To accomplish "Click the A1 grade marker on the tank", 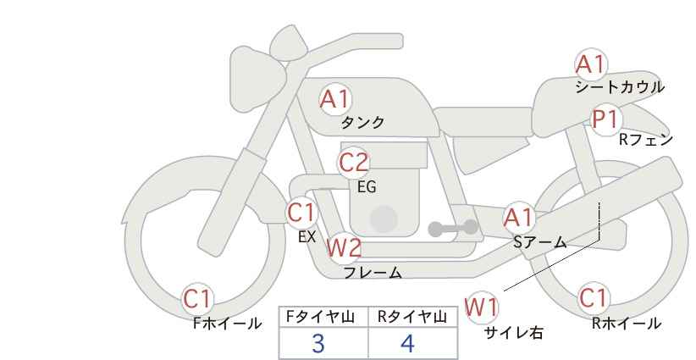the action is pos(335,99).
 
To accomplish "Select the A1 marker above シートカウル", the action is pos(590,64).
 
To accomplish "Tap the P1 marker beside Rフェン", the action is pos(606,119).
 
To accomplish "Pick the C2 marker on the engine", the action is pos(353,163).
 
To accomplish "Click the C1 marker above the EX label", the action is pos(301,213).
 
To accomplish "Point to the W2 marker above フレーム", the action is pos(344,247).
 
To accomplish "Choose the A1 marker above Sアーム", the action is pos(519,218).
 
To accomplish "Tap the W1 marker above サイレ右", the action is pos(482,307).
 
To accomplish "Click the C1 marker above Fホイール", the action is pos(197,298).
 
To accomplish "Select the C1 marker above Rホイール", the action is pos(594,298).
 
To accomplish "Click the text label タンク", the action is pos(362,122).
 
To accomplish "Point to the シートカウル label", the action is pos(620,87).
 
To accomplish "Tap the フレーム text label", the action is pos(373,272).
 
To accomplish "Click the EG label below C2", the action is pos(367,187).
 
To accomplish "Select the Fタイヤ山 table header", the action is pos(320,317).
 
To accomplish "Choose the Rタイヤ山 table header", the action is pos(412,317).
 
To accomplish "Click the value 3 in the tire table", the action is pos(318,343).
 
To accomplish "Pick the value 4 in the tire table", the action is pos(407,343).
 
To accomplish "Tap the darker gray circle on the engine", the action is pos(384,219).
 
